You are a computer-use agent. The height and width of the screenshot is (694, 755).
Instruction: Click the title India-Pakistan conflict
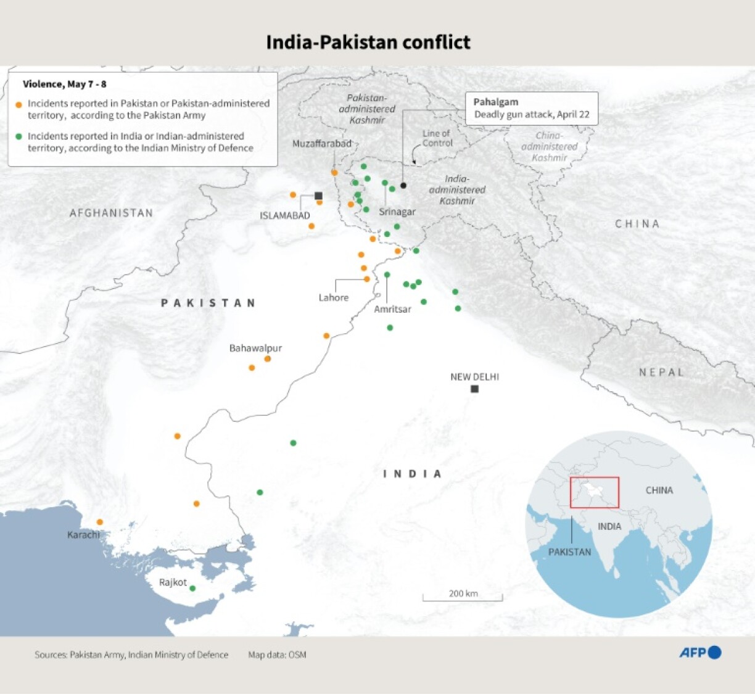368,42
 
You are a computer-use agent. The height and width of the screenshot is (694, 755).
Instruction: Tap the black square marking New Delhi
474,389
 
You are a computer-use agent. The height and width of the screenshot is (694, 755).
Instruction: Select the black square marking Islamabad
318,196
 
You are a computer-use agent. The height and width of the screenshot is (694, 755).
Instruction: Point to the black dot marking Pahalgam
403,185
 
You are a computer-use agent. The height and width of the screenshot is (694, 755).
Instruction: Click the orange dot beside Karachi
100,522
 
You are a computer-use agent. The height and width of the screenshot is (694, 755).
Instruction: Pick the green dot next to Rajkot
192,589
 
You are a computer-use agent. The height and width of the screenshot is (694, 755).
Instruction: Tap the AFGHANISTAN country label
111,213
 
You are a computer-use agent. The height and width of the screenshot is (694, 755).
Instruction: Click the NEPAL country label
661,372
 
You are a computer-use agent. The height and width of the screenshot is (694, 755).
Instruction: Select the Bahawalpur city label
255,348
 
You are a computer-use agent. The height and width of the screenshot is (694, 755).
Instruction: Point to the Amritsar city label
392,309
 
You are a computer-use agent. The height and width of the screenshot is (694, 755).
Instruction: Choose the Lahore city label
334,297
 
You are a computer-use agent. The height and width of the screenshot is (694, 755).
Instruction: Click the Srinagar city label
397,212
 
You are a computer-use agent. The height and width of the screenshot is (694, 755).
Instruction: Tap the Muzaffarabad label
322,144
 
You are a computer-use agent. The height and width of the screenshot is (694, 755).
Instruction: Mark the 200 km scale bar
463,597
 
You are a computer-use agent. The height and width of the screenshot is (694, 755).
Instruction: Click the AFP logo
700,652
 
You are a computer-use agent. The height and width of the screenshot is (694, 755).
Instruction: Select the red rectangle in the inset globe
595,492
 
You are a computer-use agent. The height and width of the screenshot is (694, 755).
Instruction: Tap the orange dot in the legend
19,105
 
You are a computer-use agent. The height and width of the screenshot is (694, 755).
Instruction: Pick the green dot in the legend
19,136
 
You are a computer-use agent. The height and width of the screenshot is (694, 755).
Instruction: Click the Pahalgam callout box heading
496,102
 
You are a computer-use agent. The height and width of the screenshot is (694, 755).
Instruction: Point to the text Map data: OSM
277,655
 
